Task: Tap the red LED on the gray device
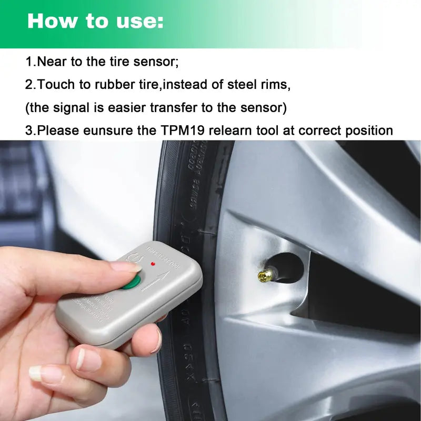[153, 263]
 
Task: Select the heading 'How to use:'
[95, 21]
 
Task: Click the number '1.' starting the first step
[31, 62]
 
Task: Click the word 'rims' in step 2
[275, 85]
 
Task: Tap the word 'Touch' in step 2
[55, 85]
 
